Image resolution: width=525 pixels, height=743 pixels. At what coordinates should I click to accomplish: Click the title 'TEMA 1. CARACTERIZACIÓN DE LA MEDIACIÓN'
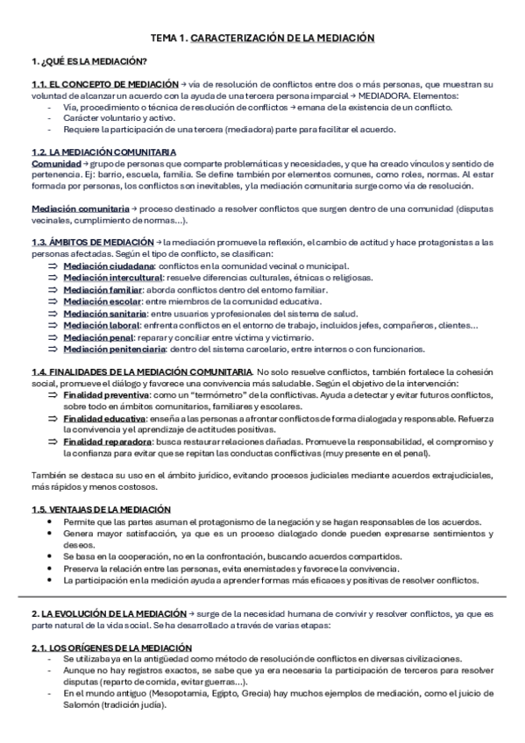262,39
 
